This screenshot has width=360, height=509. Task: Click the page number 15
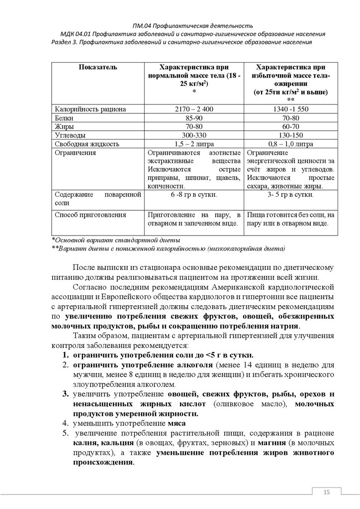327,492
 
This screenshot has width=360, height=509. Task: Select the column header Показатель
97,67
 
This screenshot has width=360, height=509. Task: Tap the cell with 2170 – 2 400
193,109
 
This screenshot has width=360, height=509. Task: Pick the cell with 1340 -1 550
291,109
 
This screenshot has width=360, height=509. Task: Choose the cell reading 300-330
193,135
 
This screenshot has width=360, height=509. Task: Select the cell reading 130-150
291,135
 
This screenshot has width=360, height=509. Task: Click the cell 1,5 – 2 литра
193,144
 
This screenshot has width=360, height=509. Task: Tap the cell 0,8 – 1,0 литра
291,144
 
